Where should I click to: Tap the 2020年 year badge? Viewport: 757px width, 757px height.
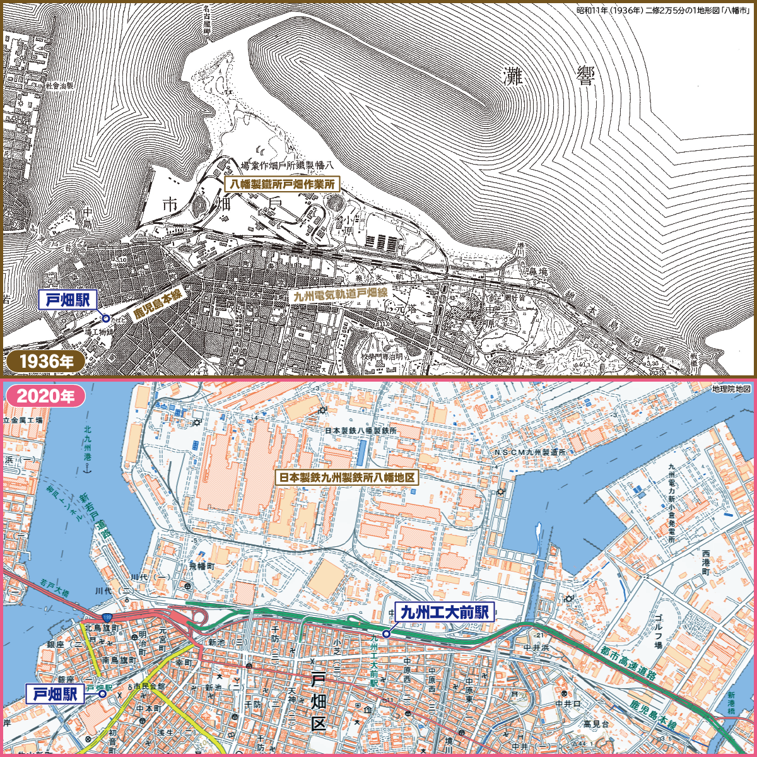(45, 396)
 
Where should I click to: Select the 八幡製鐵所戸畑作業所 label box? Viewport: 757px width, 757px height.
(282, 184)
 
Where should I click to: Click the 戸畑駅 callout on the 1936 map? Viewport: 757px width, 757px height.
(67, 300)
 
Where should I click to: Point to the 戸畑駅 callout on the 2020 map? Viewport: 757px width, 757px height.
(55, 695)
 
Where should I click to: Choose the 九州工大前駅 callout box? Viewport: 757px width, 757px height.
(444, 611)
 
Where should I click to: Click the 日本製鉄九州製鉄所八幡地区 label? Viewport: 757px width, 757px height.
(347, 478)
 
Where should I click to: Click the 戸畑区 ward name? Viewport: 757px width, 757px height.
(319, 701)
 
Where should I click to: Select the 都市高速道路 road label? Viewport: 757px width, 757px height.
(628, 662)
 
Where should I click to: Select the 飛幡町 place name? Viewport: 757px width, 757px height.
(202, 566)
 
